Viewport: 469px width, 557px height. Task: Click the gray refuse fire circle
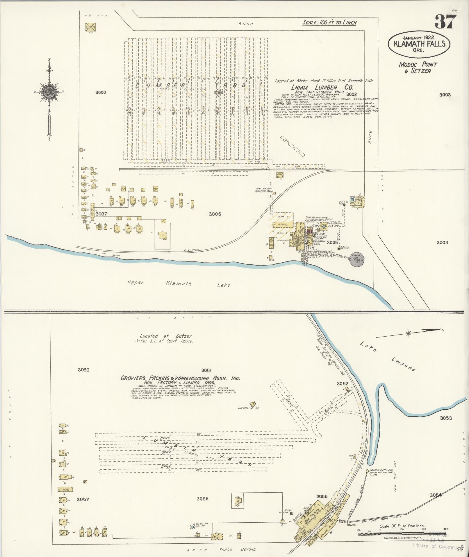coord(357,259)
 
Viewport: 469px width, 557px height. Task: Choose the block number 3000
coord(100,92)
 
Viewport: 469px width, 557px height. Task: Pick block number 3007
coord(101,214)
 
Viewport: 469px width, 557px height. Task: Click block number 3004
coord(442,242)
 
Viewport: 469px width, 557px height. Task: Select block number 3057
coord(83,499)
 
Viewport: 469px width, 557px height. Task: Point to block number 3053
coord(445,418)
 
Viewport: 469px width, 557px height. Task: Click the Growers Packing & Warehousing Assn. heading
coord(180,378)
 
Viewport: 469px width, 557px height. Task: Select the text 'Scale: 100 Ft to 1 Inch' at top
coord(329,23)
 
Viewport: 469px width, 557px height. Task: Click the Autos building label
coord(65,489)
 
